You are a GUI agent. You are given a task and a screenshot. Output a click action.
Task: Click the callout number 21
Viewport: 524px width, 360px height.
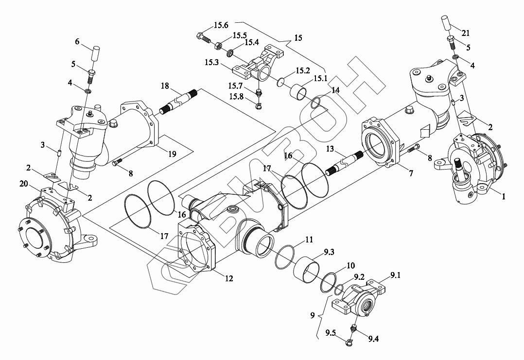click(x=466, y=34)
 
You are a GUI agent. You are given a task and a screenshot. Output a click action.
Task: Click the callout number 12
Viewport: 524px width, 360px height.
click(x=229, y=278)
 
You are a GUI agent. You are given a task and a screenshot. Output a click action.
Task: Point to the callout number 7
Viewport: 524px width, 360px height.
click(x=411, y=173)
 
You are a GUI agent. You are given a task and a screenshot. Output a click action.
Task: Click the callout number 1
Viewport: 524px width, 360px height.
click(x=504, y=197)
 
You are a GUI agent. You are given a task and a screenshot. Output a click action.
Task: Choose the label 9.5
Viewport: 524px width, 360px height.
click(x=331, y=333)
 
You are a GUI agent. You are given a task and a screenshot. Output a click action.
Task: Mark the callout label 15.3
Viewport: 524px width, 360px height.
click(x=212, y=62)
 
